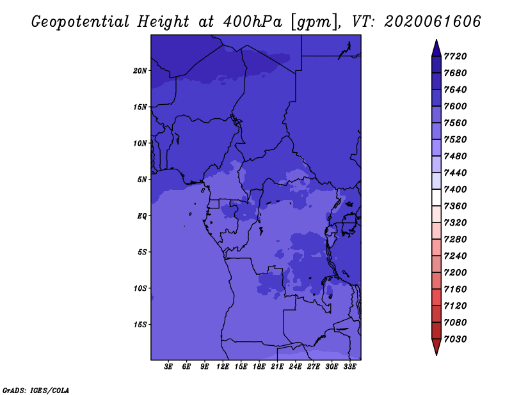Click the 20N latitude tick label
(x=140, y=71)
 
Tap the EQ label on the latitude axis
(x=142, y=216)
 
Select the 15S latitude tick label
(x=140, y=325)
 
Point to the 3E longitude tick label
(x=168, y=367)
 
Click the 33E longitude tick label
(x=349, y=367)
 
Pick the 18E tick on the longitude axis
(x=259, y=367)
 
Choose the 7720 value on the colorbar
(x=455, y=56)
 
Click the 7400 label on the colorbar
(x=455, y=189)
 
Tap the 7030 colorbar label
(x=455, y=339)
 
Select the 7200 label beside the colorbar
(x=455, y=273)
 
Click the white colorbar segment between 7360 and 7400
(x=436, y=197)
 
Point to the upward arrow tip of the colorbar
(x=436, y=40)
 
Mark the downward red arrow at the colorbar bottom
(x=436, y=347)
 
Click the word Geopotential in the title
(x=81, y=22)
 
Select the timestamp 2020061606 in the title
(x=433, y=22)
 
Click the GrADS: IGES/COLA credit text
(x=36, y=391)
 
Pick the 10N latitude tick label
(x=140, y=143)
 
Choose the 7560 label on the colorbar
(x=455, y=123)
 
